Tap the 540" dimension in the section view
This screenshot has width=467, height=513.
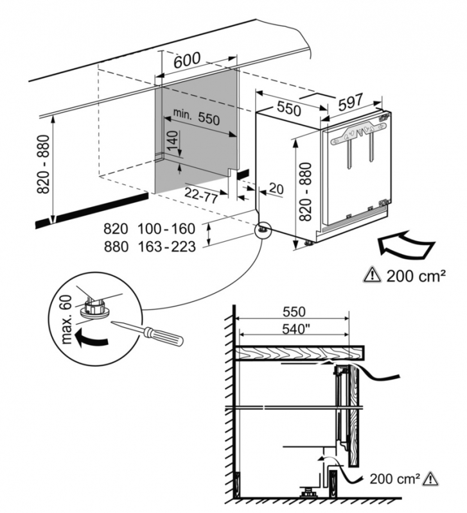point(293,332)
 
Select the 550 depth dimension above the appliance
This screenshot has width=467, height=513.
point(287,106)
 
